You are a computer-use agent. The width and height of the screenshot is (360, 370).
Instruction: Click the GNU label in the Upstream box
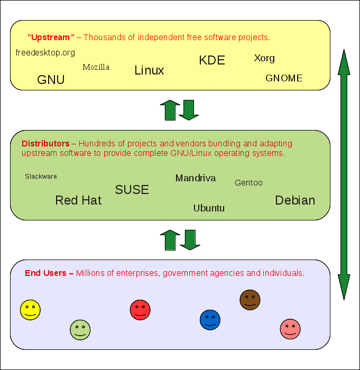(51, 80)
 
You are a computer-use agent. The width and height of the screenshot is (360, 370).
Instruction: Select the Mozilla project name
(96, 67)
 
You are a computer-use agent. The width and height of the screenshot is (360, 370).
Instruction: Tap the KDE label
(212, 60)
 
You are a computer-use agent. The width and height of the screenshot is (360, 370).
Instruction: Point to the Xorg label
(264, 58)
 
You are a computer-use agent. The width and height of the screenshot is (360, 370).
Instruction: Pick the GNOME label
(284, 78)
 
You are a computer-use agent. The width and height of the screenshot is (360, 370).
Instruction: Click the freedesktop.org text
(45, 53)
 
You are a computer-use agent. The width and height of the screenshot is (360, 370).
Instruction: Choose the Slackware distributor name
(41, 177)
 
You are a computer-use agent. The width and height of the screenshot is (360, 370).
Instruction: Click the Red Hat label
(78, 200)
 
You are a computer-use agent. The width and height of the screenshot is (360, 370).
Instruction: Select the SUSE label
(132, 190)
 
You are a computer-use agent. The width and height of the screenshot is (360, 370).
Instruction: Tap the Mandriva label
(196, 178)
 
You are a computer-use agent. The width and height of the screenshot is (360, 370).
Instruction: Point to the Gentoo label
(248, 183)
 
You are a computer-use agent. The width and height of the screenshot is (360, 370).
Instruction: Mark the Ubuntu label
(209, 208)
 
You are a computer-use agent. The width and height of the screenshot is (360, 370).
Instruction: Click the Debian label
(295, 200)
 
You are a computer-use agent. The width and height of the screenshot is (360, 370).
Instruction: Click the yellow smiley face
(30, 310)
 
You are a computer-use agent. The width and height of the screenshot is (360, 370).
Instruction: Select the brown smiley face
(250, 300)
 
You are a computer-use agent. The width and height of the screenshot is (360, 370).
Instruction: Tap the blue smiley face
(210, 320)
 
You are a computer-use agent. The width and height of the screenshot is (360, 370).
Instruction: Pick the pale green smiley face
(80, 330)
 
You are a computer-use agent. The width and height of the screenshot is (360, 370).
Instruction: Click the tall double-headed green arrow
(344, 174)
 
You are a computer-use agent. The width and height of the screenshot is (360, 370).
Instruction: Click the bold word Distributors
(45, 144)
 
